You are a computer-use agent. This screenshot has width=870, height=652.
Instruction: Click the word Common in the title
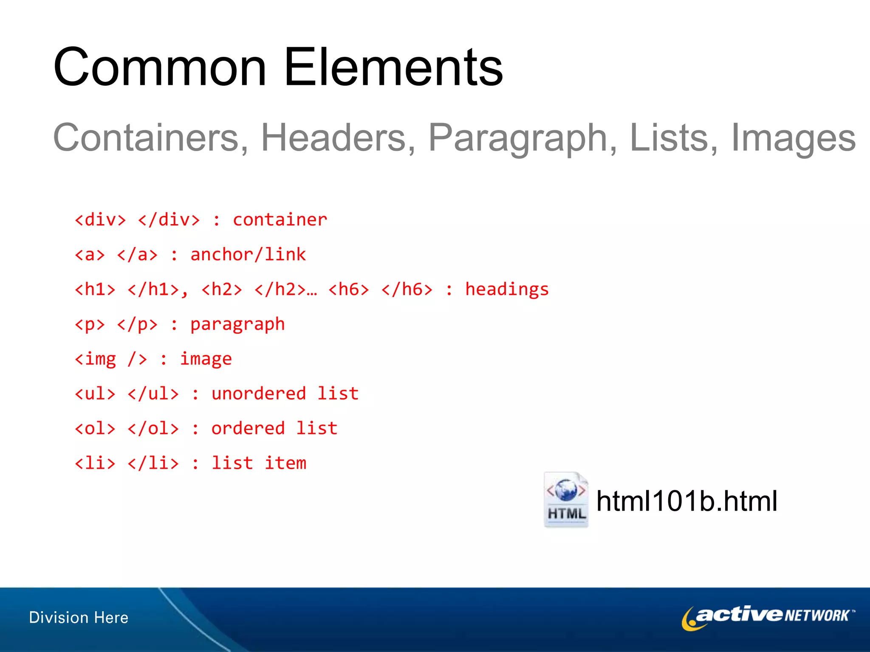tap(160, 68)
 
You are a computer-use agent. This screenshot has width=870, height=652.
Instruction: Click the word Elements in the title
tap(393, 68)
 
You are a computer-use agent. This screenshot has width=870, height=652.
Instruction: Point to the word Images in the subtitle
tap(793, 138)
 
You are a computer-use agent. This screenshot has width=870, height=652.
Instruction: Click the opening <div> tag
tap(100, 220)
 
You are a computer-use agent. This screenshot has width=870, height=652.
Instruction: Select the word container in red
tap(280, 220)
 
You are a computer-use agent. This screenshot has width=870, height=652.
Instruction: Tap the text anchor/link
tap(248, 255)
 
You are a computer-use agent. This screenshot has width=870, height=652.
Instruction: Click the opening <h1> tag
tap(95, 289)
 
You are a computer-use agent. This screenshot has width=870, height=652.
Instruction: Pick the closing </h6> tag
tap(407, 289)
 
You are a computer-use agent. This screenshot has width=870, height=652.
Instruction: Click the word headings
tap(507, 289)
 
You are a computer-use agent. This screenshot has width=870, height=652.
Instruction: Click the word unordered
tap(258, 394)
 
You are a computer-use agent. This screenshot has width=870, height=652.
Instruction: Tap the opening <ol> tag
tap(95, 429)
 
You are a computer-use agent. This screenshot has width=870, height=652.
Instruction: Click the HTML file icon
tap(566, 500)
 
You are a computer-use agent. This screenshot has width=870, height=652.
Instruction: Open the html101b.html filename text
tap(686, 501)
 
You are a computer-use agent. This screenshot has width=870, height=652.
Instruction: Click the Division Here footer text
tap(79, 618)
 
